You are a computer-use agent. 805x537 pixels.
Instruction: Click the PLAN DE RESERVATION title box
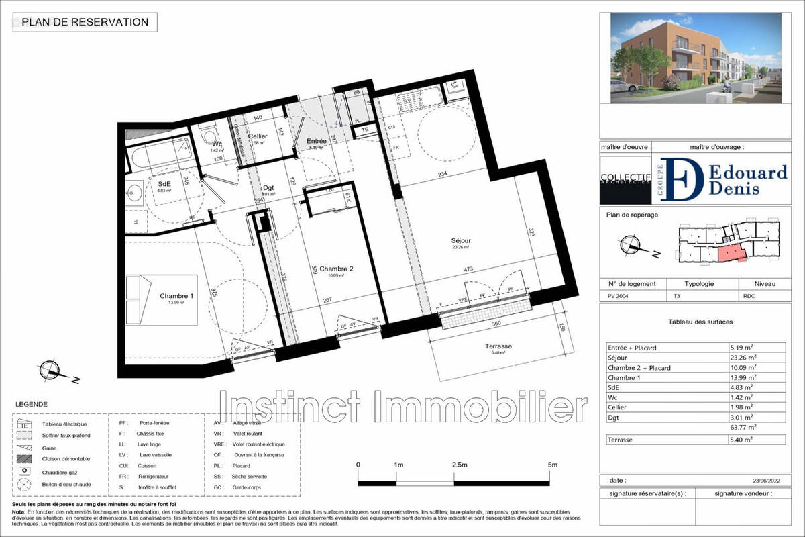pos(85,22)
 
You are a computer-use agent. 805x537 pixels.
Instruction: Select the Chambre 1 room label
pos(176,296)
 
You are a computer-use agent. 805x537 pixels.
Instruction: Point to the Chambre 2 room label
pos(336,268)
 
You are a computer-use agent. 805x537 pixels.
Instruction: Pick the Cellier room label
pos(258,136)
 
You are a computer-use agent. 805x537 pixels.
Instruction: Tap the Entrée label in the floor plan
pos(316,141)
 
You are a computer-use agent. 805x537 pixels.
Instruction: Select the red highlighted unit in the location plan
pos(731,254)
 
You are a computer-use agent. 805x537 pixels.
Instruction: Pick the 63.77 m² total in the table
pos(742,426)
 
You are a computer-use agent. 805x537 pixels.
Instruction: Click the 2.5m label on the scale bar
pos(461,465)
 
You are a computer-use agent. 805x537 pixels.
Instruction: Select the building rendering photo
pos(696,58)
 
